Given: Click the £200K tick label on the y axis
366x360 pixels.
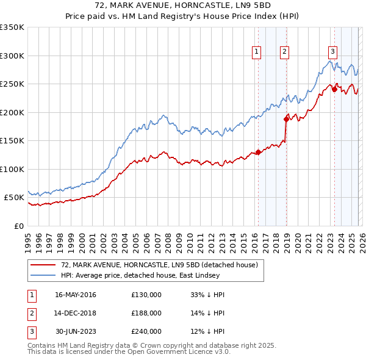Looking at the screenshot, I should click(x=12, y=112).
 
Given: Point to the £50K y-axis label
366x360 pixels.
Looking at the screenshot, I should click(x=13, y=198).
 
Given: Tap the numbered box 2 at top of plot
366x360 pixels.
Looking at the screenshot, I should click(x=285, y=52).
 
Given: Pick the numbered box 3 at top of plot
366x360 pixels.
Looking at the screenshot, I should click(x=332, y=52).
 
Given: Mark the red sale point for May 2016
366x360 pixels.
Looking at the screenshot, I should click(x=258, y=152).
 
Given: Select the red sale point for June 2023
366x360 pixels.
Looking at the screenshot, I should click(x=334, y=90).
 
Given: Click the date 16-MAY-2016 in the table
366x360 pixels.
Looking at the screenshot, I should click(x=75, y=295).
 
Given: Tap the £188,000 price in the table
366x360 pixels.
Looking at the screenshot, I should click(x=146, y=313).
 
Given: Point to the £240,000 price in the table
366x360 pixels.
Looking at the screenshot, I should click(x=146, y=331).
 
